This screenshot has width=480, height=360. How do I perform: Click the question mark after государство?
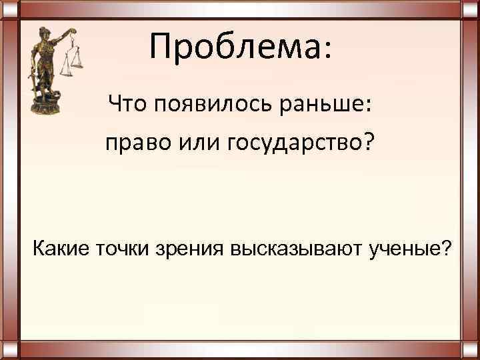(x=370, y=142)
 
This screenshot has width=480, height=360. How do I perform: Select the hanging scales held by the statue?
(x=73, y=63)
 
